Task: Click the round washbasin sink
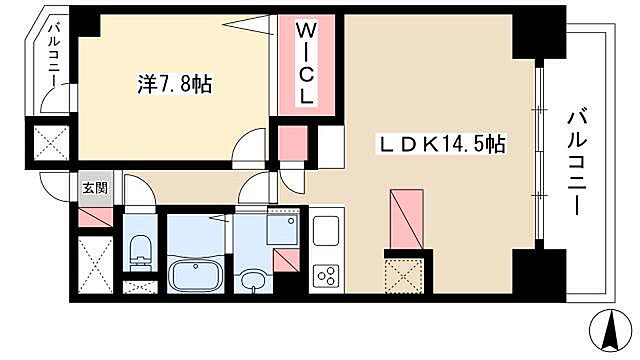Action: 249,280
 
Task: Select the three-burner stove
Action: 326,273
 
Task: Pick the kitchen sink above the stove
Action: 326,231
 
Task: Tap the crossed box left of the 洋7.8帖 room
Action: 48,141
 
